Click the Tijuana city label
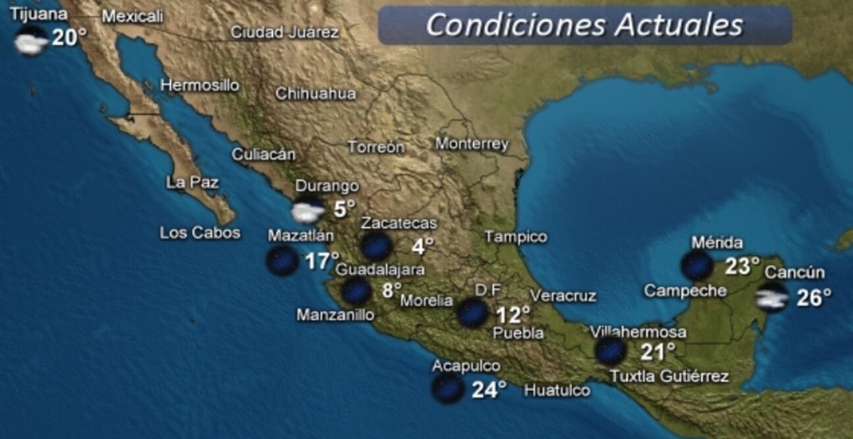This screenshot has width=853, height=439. pyautogui.click(x=39, y=15)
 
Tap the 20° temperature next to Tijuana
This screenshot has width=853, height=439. pyautogui.click(x=69, y=38)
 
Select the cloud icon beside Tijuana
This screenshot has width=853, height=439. pyautogui.click(x=31, y=42)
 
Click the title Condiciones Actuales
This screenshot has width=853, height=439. pyautogui.click(x=584, y=26)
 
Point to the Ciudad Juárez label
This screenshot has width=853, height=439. pyautogui.click(x=285, y=32)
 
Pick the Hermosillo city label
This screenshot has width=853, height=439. pyautogui.click(x=200, y=85)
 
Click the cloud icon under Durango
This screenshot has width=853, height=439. pyautogui.click(x=308, y=211)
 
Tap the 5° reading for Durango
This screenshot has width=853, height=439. pyautogui.click(x=344, y=210)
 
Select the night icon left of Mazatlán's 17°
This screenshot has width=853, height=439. pyautogui.click(x=281, y=261)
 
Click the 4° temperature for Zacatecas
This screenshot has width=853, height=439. pyautogui.click(x=423, y=247)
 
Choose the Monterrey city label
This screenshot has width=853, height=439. pyautogui.click(x=472, y=144)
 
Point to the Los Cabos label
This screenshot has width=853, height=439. pyautogui.click(x=200, y=233)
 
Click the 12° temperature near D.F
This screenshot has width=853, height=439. pyautogui.click(x=513, y=315)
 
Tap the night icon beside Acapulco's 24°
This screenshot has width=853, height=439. pyautogui.click(x=448, y=389)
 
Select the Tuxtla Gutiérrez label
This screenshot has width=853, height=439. pyautogui.click(x=669, y=376)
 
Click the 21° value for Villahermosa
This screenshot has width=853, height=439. pyautogui.click(x=658, y=352)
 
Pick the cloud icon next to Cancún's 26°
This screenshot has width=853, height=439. pyautogui.click(x=772, y=298)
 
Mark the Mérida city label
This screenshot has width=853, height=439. pyautogui.click(x=717, y=243)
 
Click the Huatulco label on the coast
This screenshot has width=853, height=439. pyautogui.click(x=557, y=390)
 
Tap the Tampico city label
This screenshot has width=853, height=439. pyautogui.click(x=515, y=237)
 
